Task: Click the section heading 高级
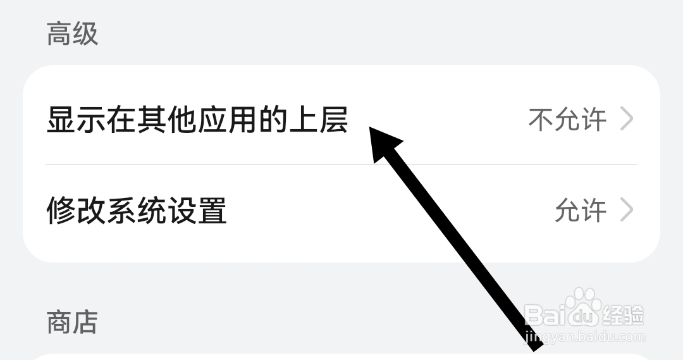click(72, 34)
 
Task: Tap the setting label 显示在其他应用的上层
click(197, 120)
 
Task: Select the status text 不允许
click(567, 120)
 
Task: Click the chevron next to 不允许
click(627, 119)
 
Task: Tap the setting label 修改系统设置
click(137, 211)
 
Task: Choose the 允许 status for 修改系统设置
click(581, 211)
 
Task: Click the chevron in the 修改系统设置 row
click(627, 210)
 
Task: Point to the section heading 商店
click(72, 321)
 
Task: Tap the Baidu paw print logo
click(582, 302)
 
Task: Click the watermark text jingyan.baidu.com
click(585, 337)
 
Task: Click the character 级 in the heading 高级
click(85, 34)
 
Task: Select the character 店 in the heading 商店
click(85, 321)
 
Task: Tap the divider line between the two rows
click(341, 164)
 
